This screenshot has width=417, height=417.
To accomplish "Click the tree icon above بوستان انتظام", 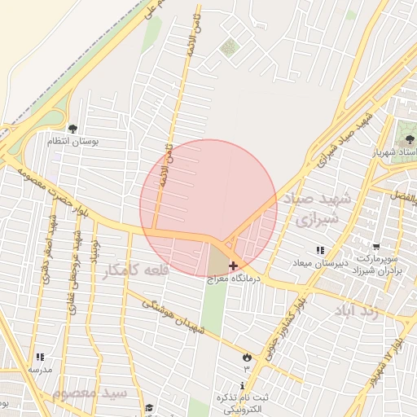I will tap(72, 128).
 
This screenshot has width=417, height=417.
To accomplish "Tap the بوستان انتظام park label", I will tap(72, 141).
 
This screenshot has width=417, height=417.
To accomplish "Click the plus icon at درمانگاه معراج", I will tap(234, 266).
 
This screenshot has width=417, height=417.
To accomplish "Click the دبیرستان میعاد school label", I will tap(320, 263).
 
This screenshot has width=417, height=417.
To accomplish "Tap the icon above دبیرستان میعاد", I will tap(320, 250).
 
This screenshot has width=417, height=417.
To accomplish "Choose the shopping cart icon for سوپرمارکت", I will tap(375, 246).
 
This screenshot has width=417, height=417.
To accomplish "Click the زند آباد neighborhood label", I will tap(358, 311).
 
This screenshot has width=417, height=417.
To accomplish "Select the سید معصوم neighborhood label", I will tap(90, 393).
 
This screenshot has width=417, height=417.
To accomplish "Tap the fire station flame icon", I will tap(246, 356).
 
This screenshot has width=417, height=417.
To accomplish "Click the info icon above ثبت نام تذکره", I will tap(243, 384).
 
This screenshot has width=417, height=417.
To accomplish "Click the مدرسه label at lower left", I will tap(40, 369).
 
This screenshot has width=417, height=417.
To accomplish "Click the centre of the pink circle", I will tap(208, 208).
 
